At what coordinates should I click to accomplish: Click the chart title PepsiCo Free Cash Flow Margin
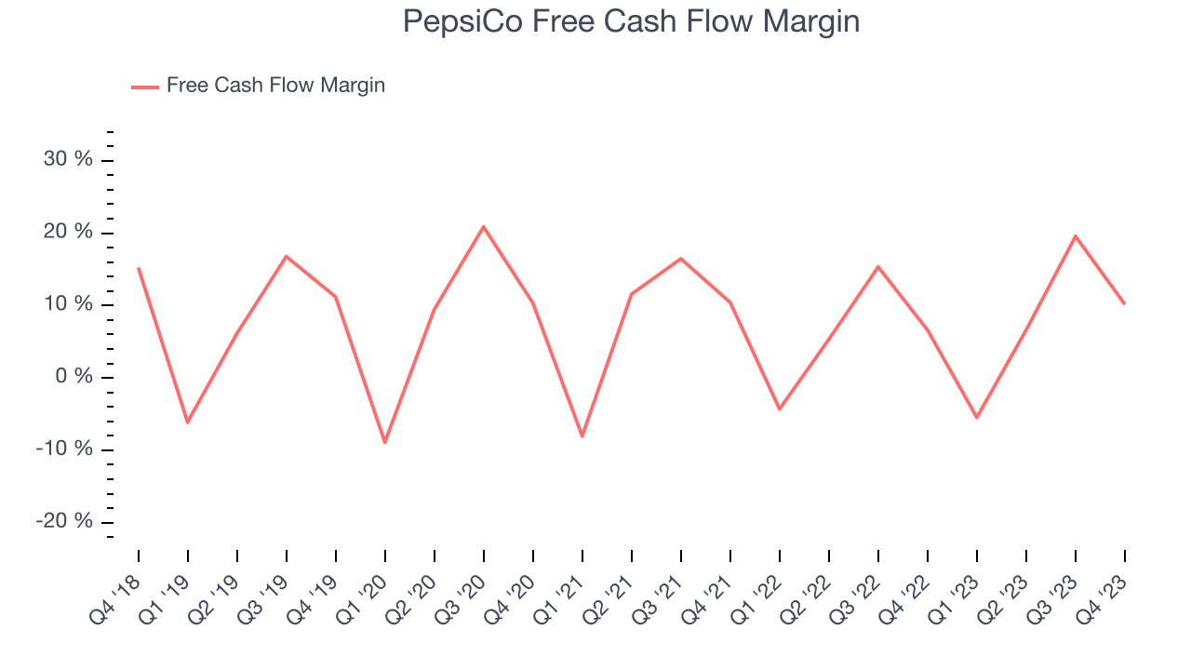(631, 21)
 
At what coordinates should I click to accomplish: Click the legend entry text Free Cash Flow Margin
(275, 86)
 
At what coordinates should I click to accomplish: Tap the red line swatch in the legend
(145, 87)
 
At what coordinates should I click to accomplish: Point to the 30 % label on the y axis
(68, 159)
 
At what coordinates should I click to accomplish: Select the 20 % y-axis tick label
(68, 232)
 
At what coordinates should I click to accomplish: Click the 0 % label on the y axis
(74, 377)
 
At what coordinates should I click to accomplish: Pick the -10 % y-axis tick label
(64, 449)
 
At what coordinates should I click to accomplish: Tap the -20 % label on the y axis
(64, 521)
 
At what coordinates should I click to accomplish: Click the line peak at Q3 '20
(484, 226)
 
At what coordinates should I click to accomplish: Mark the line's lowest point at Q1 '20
(385, 442)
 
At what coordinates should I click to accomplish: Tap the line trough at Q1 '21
(582, 435)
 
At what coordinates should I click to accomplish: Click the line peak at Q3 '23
(1076, 235)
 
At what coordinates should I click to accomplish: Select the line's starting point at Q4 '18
(139, 268)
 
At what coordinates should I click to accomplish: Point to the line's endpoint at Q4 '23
(1125, 303)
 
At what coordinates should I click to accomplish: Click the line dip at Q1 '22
(780, 409)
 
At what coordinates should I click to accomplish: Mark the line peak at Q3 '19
(287, 256)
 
